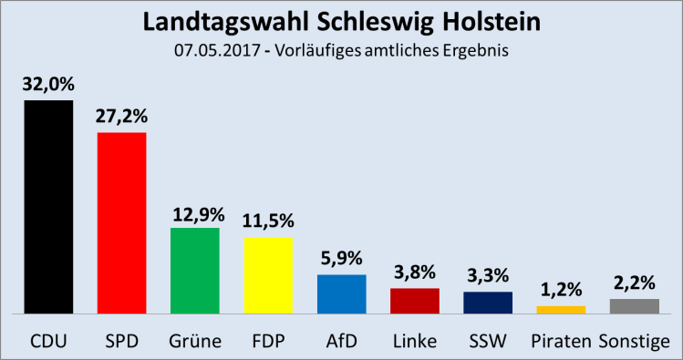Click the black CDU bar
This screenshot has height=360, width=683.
(48, 206)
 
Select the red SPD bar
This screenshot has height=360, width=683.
(122, 222)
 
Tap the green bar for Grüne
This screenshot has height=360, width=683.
(195, 270)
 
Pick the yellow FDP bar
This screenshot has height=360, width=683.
(268, 274)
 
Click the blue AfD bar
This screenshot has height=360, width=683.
(341, 293)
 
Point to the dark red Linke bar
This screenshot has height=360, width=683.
(414, 300)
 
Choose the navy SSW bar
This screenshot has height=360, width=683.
(488, 302)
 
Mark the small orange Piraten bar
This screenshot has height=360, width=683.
(561, 309)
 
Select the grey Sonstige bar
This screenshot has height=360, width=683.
(634, 305)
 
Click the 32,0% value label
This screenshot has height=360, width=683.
(48, 85)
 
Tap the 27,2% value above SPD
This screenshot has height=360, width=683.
(122, 118)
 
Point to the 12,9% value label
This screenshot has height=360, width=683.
(195, 213)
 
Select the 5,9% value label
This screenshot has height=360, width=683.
(341, 260)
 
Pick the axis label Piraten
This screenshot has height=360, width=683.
(561, 343)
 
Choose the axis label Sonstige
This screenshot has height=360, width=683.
(640, 343)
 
